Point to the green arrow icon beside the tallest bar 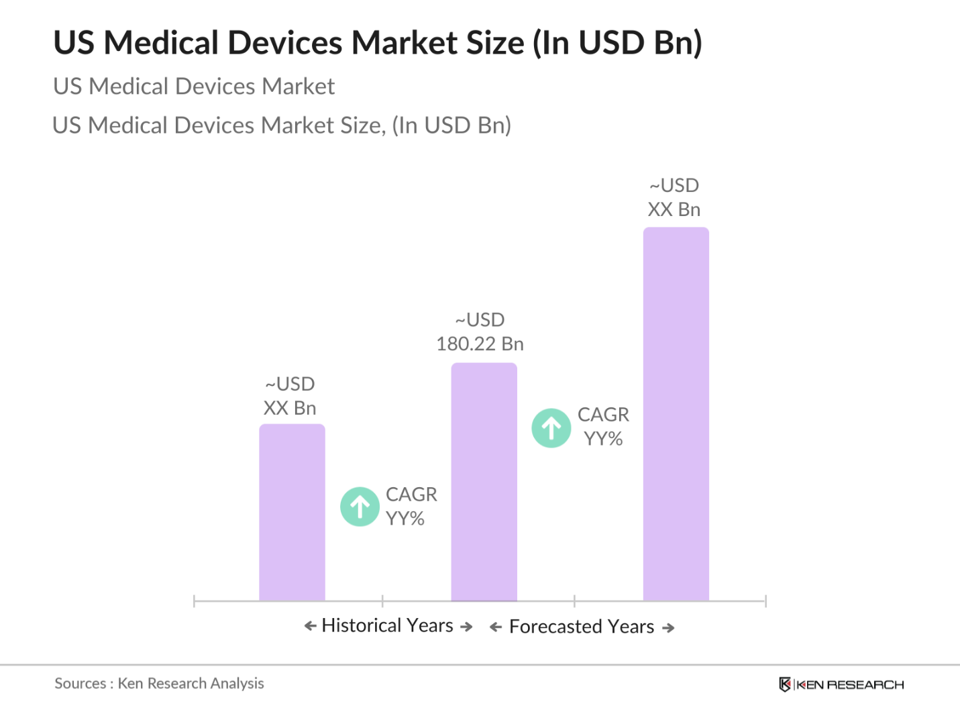click(551, 428)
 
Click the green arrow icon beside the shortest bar click(360, 507)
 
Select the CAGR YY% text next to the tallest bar click(603, 427)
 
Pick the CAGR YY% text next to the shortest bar click(411, 507)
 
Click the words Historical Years click(388, 625)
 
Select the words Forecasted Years click(582, 627)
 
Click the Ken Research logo click(841, 684)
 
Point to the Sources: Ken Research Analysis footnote click(159, 683)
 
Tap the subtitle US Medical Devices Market click(194, 87)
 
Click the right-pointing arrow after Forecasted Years click(668, 628)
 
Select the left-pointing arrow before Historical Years click(310, 626)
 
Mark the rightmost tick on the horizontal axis click(765, 601)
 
